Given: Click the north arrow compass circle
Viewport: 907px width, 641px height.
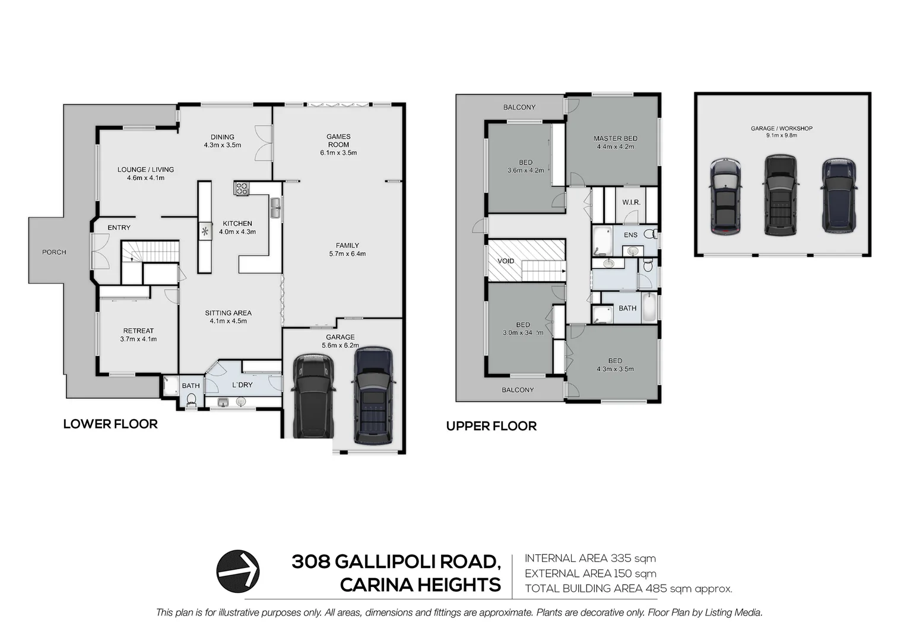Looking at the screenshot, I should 237,571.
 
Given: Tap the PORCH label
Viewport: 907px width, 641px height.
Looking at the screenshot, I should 54,252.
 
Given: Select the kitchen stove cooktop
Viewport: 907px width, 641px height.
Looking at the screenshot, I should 242,189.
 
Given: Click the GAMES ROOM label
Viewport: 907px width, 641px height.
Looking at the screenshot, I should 338,141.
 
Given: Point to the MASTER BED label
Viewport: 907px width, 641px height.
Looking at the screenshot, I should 615,139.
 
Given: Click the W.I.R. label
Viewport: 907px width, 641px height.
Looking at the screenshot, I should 631,202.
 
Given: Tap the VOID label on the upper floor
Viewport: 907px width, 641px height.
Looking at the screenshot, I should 506,261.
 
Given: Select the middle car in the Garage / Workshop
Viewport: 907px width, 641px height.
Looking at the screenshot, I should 779,196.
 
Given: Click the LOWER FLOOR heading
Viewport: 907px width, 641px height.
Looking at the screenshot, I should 110,424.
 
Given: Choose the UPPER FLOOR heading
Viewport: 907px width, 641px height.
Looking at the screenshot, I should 491,426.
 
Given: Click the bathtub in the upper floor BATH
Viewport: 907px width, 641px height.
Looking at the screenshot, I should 649,307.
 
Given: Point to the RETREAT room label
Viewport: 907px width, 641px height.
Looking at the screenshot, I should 138,331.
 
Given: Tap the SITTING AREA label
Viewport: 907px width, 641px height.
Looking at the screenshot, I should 228,313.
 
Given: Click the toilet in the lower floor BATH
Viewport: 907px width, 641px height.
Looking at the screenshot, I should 191,404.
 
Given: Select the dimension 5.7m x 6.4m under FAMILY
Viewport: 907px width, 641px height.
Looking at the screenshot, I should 347,254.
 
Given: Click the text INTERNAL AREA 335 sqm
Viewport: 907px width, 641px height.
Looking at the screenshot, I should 590,559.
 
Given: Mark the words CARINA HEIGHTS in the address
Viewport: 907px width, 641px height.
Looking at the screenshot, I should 420,585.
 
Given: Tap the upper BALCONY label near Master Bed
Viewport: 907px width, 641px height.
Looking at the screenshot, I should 519,107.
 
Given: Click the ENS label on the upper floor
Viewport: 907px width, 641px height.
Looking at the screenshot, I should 630,235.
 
